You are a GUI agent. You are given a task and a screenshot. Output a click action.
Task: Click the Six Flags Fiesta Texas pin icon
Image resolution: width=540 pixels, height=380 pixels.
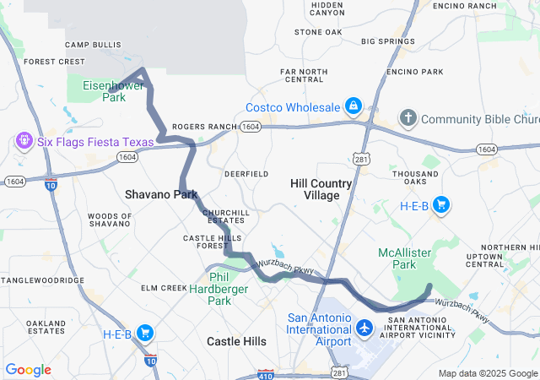point(24,140)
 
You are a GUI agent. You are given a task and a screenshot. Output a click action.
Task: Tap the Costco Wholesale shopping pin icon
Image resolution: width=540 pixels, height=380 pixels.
point(354,107)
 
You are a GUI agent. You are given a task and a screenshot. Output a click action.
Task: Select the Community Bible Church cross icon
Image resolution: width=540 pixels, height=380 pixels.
point(408,118)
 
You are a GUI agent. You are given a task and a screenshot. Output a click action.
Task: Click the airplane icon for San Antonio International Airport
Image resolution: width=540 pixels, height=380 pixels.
point(364,327)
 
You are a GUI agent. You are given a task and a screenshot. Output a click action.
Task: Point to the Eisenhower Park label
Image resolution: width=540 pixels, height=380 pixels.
point(104,91)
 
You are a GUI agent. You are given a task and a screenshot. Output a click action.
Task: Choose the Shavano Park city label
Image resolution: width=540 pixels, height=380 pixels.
point(160,194)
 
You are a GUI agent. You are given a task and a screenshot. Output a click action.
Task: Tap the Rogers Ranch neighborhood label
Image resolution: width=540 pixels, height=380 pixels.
point(204,127)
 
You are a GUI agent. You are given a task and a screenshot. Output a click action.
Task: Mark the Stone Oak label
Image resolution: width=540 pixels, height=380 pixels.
point(318,32)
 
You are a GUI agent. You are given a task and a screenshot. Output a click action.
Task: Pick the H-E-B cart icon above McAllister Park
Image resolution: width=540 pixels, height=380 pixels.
point(440,204)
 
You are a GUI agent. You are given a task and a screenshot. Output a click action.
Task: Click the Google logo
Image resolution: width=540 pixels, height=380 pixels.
point(28,370)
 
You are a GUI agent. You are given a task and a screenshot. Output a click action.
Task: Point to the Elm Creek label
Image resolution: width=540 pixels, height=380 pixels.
point(164,288)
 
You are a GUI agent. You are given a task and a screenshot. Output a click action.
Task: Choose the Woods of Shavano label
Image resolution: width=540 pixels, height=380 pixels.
point(109,220)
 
